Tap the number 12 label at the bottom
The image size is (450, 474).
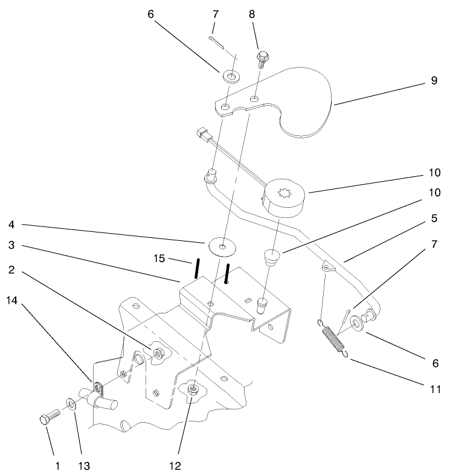tap(175, 466)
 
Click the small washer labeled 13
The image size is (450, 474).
tap(71, 403)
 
